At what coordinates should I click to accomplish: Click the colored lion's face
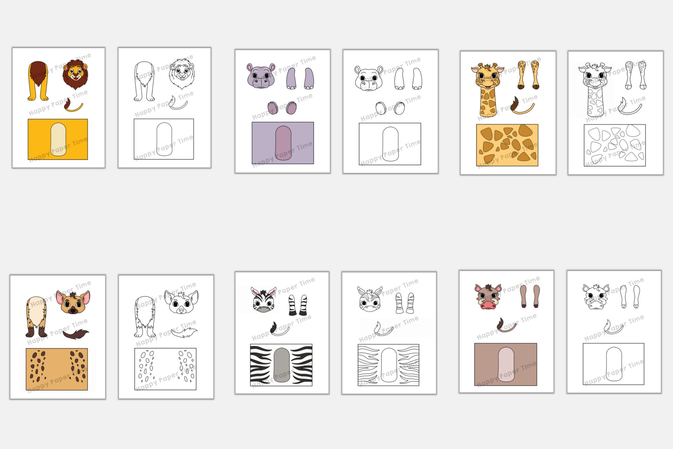tap(75, 74)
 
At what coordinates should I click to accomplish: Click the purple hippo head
tap(260, 76)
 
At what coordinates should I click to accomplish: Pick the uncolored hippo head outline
tap(368, 78)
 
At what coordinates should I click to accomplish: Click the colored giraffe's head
tap(487, 76)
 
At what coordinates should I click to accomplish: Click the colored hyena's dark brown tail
tap(76, 334)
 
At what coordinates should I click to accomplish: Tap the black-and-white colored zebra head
tap(264, 299)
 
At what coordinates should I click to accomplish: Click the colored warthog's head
tap(488, 296)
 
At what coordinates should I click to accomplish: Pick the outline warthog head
tap(596, 297)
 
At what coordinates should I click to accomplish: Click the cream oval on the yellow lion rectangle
tap(58, 139)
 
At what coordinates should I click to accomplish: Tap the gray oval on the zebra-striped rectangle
tap(282, 365)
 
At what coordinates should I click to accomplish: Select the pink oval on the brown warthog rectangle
tap(506, 364)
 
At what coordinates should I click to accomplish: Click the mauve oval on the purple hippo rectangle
tap(283, 143)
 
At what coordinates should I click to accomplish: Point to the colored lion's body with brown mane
tap(38, 81)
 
